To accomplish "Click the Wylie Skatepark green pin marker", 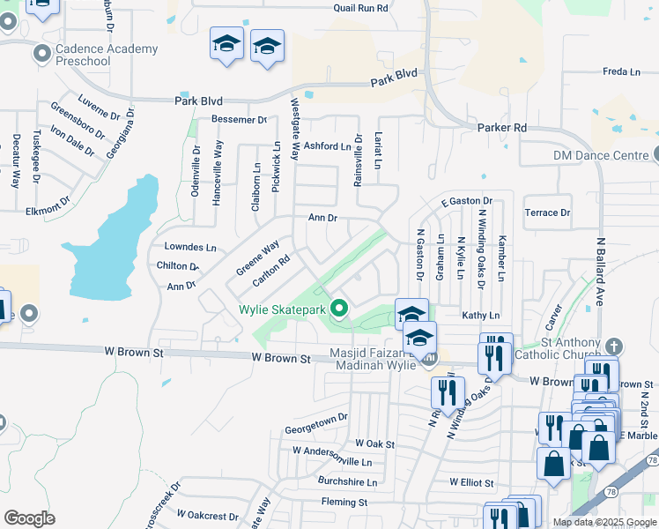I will (337, 309).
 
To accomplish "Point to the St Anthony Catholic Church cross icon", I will (615, 345).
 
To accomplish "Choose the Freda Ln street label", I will (620, 71).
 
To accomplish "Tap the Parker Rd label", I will (501, 128).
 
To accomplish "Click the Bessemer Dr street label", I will (238, 119).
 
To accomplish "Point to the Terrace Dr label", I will (547, 212).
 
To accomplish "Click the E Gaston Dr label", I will (466, 201).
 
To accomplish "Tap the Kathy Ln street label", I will (480, 315).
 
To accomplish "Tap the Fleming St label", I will (343, 502).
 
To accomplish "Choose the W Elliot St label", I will (471, 482).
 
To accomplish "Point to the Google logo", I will (30, 518).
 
